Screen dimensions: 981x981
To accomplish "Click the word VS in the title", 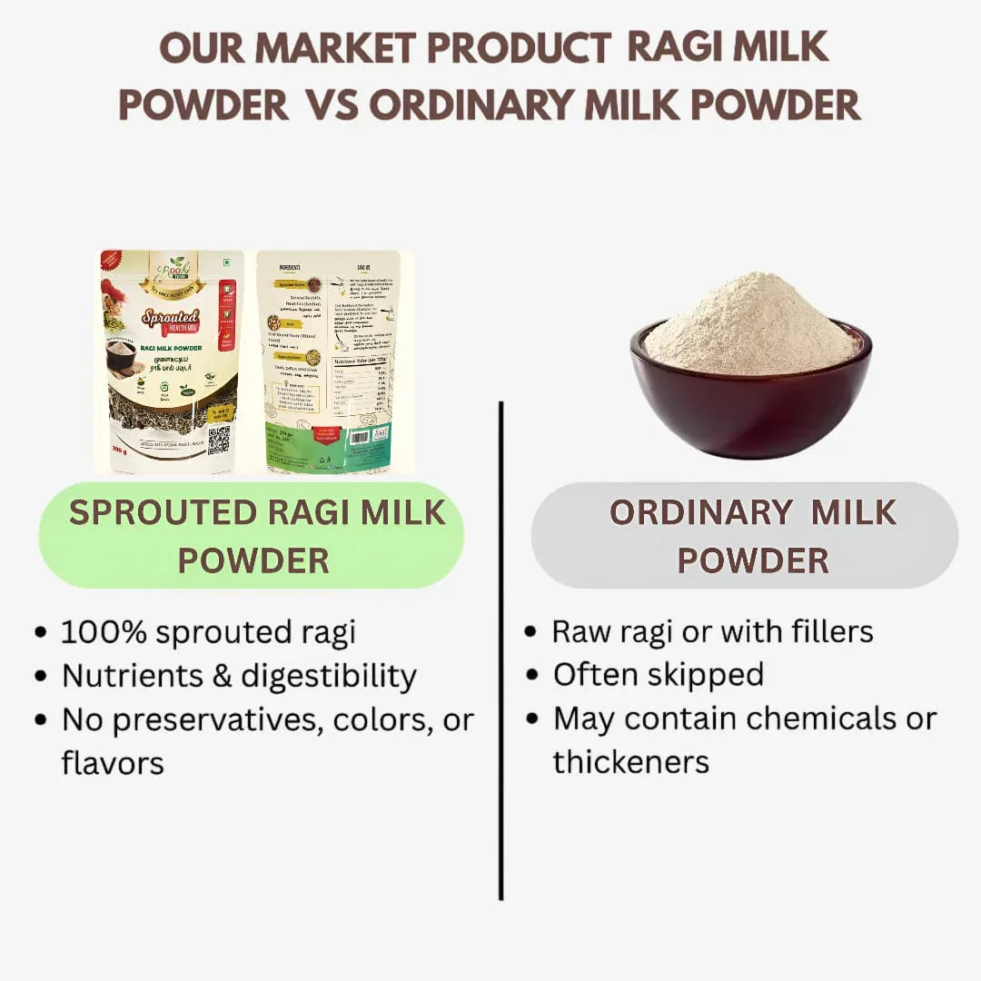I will click(x=331, y=105).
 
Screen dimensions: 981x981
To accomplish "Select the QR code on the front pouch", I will click(x=218, y=439).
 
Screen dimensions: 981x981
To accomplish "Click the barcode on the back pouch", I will click(x=360, y=437).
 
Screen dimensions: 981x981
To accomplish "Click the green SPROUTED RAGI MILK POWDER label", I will click(x=252, y=536).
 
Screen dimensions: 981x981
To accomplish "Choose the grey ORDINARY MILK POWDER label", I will click(x=745, y=536).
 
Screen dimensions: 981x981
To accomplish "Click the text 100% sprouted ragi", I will click(x=208, y=632).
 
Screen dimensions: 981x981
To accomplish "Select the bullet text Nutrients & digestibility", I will click(x=239, y=676).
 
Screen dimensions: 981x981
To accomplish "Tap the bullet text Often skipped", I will click(x=659, y=675).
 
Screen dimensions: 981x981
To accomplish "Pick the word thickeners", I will click(x=631, y=762).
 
